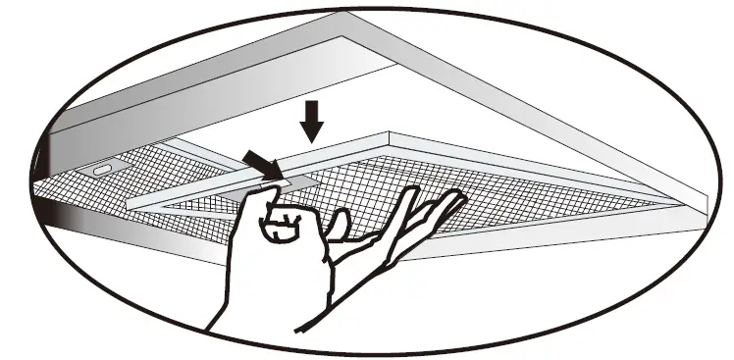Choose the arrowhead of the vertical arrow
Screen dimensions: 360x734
(x=312, y=133)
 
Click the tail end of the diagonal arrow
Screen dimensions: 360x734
(x=245, y=155)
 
